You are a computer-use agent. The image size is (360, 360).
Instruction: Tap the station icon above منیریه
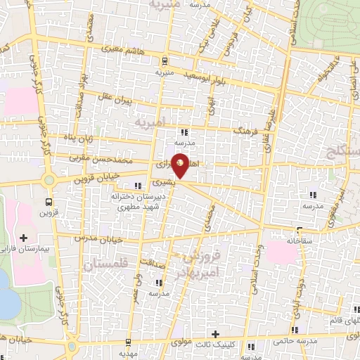point(165,60)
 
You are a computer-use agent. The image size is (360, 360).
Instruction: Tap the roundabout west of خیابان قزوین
point(49,180)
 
